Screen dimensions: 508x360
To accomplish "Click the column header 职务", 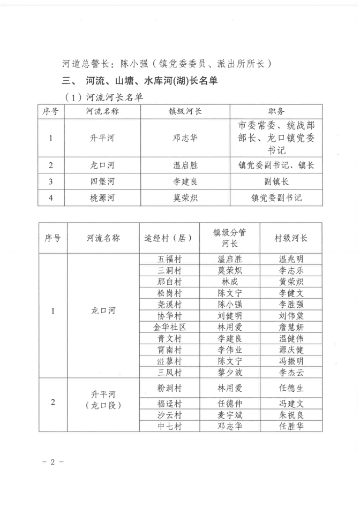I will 276,111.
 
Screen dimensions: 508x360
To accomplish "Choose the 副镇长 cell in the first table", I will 276,181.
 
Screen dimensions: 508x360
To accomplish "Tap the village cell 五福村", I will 169,259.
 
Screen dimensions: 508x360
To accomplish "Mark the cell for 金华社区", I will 169,327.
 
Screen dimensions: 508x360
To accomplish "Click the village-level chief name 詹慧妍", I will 291,327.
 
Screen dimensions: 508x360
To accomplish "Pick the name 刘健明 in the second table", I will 229,316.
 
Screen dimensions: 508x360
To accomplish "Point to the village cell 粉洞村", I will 169,387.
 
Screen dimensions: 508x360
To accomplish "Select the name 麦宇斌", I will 229,415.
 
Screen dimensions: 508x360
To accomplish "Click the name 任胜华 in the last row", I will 291,427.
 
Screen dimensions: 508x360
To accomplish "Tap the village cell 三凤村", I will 169,373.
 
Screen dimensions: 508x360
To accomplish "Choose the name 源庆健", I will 291,350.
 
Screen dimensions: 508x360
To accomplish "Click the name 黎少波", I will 229,373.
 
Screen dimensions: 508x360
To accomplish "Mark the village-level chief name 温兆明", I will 291,259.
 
